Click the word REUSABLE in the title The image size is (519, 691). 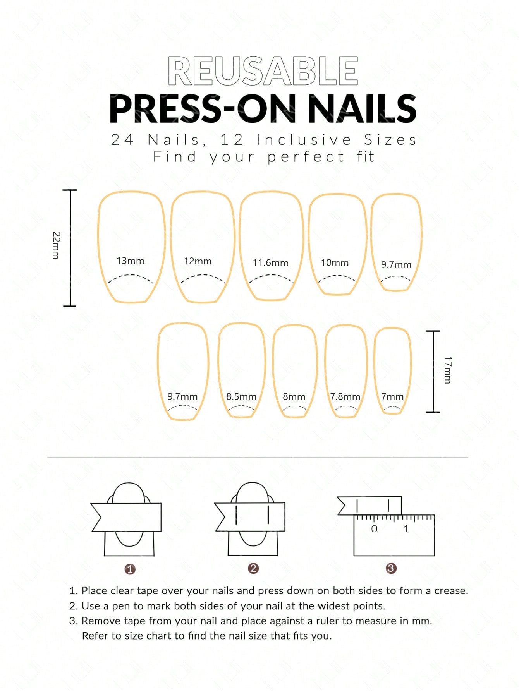263,71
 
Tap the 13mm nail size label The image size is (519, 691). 131,261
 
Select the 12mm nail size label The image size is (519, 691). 198,261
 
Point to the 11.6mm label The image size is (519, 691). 270,263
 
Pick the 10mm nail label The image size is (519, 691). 335,263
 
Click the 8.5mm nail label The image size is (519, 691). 241,397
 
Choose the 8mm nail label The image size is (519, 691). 294,397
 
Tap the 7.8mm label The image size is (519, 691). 345,397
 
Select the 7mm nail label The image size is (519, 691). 392,397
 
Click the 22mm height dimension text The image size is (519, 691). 56,245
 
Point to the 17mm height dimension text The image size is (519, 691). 448,370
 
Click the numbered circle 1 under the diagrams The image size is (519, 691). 130,569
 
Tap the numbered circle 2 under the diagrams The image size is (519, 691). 253,568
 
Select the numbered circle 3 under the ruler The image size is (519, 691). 391,568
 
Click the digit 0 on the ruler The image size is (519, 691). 374,529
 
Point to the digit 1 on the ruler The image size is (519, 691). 406,529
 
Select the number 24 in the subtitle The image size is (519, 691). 122,140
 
